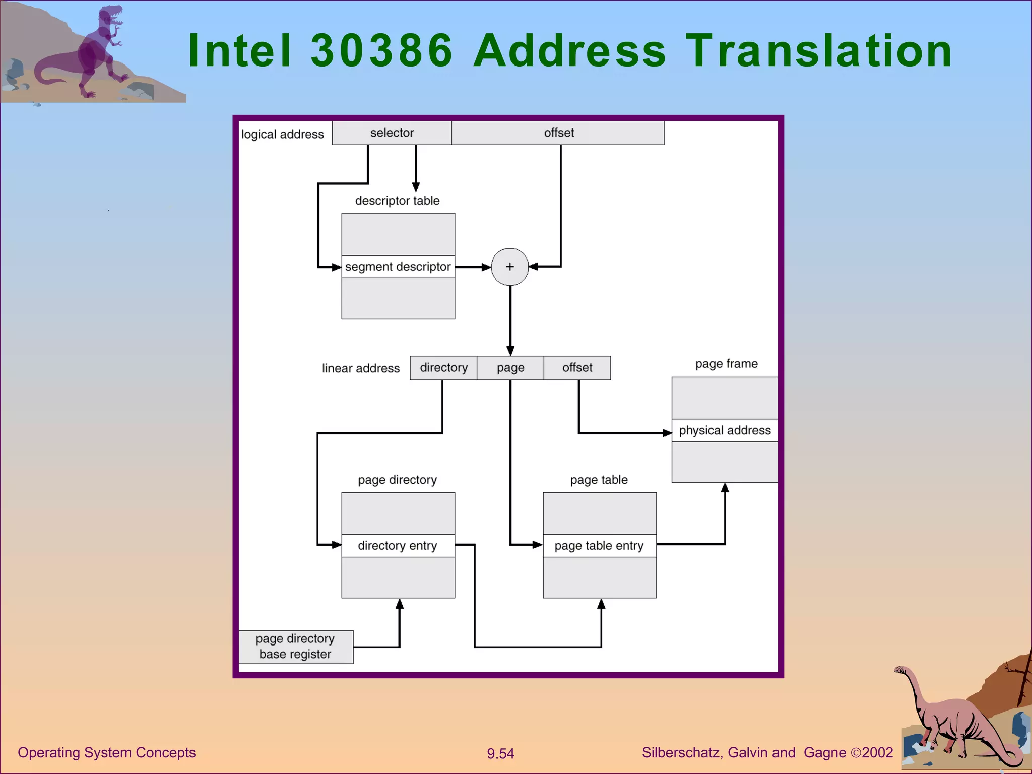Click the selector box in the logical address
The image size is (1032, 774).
392,133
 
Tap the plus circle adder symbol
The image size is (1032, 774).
510,267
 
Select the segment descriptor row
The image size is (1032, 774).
398,267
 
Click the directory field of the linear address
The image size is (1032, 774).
443,368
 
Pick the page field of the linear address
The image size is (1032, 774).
510,368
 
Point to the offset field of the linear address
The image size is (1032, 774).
577,368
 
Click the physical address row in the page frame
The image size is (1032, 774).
725,430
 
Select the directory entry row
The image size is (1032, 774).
398,546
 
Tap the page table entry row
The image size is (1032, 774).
600,546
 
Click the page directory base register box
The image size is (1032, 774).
296,647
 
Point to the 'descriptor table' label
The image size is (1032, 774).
397,201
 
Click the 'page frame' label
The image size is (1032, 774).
726,364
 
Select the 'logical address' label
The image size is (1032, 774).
283,134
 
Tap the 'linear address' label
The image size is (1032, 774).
361,368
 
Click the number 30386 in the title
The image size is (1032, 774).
382,50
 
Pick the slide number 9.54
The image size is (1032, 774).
500,753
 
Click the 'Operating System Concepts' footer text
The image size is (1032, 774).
107,752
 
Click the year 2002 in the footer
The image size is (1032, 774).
878,752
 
